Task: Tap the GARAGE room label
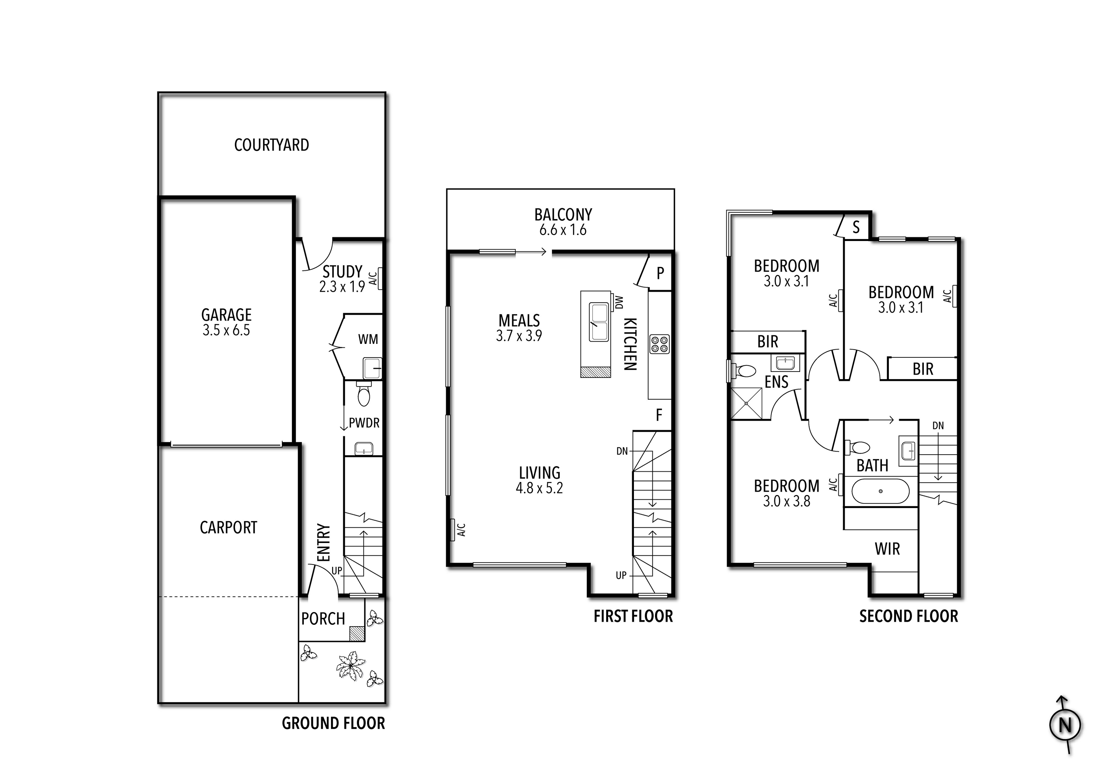(x=226, y=315)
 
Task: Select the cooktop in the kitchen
(x=659, y=344)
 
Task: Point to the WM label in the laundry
(x=368, y=339)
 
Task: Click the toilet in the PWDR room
(x=364, y=395)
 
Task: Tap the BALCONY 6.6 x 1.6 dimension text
(x=563, y=230)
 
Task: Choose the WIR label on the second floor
(x=887, y=549)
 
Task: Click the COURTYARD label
(x=271, y=145)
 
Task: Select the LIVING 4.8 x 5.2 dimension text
(x=539, y=488)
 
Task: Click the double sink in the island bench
(x=599, y=323)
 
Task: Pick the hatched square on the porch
(x=356, y=633)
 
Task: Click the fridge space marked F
(x=658, y=415)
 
